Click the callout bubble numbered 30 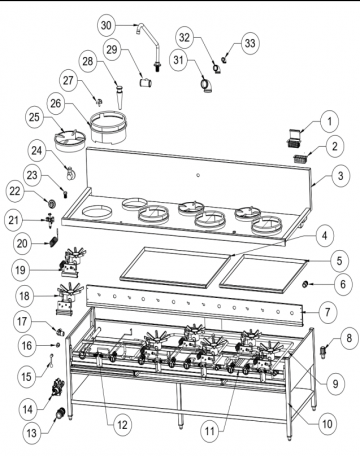click(106, 25)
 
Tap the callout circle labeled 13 click(32, 433)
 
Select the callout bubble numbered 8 click(349, 339)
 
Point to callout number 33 click(250, 43)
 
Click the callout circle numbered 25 click(34, 117)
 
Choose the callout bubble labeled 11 click(210, 431)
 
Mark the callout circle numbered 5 click(339, 261)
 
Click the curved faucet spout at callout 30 click(149, 46)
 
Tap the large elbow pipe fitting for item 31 click(207, 85)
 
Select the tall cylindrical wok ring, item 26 click(109, 128)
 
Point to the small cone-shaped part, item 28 click(119, 97)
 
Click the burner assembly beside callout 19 click(72, 263)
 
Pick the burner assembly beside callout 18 click(68, 299)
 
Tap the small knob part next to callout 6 click(304, 284)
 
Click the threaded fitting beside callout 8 click(322, 352)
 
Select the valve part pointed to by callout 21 click(49, 220)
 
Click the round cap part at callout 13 click(60, 413)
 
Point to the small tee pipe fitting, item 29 click(145, 83)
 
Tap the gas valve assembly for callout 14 click(56, 387)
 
